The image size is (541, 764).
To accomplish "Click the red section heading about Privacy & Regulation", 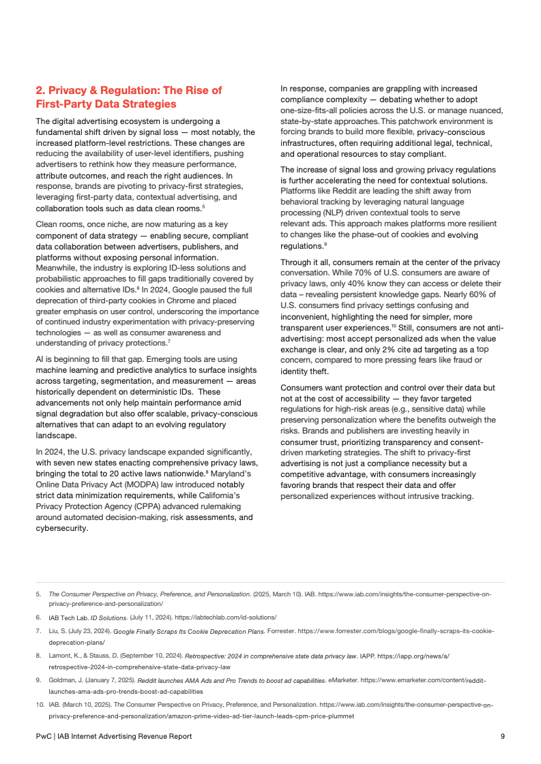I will [x=128, y=97].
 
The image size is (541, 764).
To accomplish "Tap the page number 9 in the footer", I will [x=502, y=736].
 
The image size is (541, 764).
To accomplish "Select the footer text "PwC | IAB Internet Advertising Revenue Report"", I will [x=113, y=736].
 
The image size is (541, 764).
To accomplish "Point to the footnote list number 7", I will [x=38, y=632].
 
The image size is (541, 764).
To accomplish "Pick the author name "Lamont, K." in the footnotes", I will [x=63, y=655].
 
